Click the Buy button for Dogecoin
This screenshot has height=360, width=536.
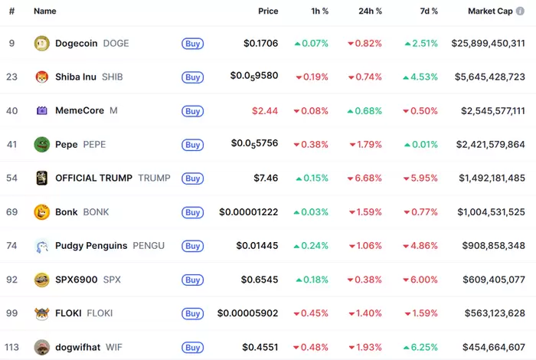click(193, 44)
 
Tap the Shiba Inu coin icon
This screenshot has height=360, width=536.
click(42, 77)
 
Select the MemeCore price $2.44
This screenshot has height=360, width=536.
click(265, 110)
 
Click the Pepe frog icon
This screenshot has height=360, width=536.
click(42, 144)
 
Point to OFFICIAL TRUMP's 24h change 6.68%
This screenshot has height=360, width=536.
click(364, 178)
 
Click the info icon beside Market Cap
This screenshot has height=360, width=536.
click(521, 11)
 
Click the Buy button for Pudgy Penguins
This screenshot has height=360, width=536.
click(193, 246)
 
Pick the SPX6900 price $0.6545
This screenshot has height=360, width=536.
click(260, 280)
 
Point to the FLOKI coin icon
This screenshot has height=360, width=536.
click(42, 313)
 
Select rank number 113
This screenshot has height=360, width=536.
click(11, 347)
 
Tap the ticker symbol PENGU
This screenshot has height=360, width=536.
click(149, 246)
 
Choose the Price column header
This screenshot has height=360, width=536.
click(268, 11)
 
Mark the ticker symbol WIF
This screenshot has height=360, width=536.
click(113, 347)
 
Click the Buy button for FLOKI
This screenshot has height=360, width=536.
click(193, 313)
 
